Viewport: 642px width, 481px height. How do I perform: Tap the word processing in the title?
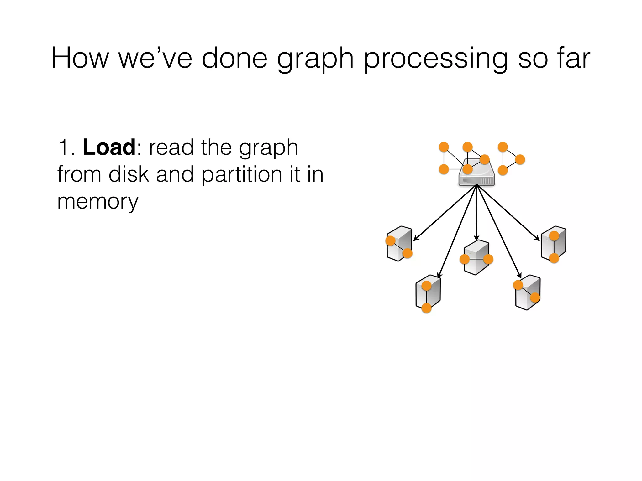[436, 59]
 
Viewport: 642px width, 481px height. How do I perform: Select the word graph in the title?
[315, 59]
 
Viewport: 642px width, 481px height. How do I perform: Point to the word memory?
[97, 202]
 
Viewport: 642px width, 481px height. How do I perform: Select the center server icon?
[476, 257]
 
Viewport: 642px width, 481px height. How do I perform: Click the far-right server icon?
[554, 244]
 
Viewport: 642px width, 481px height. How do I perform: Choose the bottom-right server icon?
[528, 292]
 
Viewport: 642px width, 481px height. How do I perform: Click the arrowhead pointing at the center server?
[476, 238]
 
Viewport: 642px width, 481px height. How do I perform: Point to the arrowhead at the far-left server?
[416, 239]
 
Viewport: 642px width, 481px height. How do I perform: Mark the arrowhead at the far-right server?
[538, 239]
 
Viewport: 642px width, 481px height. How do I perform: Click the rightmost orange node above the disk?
[520, 159]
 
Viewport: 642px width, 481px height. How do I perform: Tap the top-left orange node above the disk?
[444, 147]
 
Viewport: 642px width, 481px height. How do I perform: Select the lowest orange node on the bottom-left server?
[427, 308]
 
